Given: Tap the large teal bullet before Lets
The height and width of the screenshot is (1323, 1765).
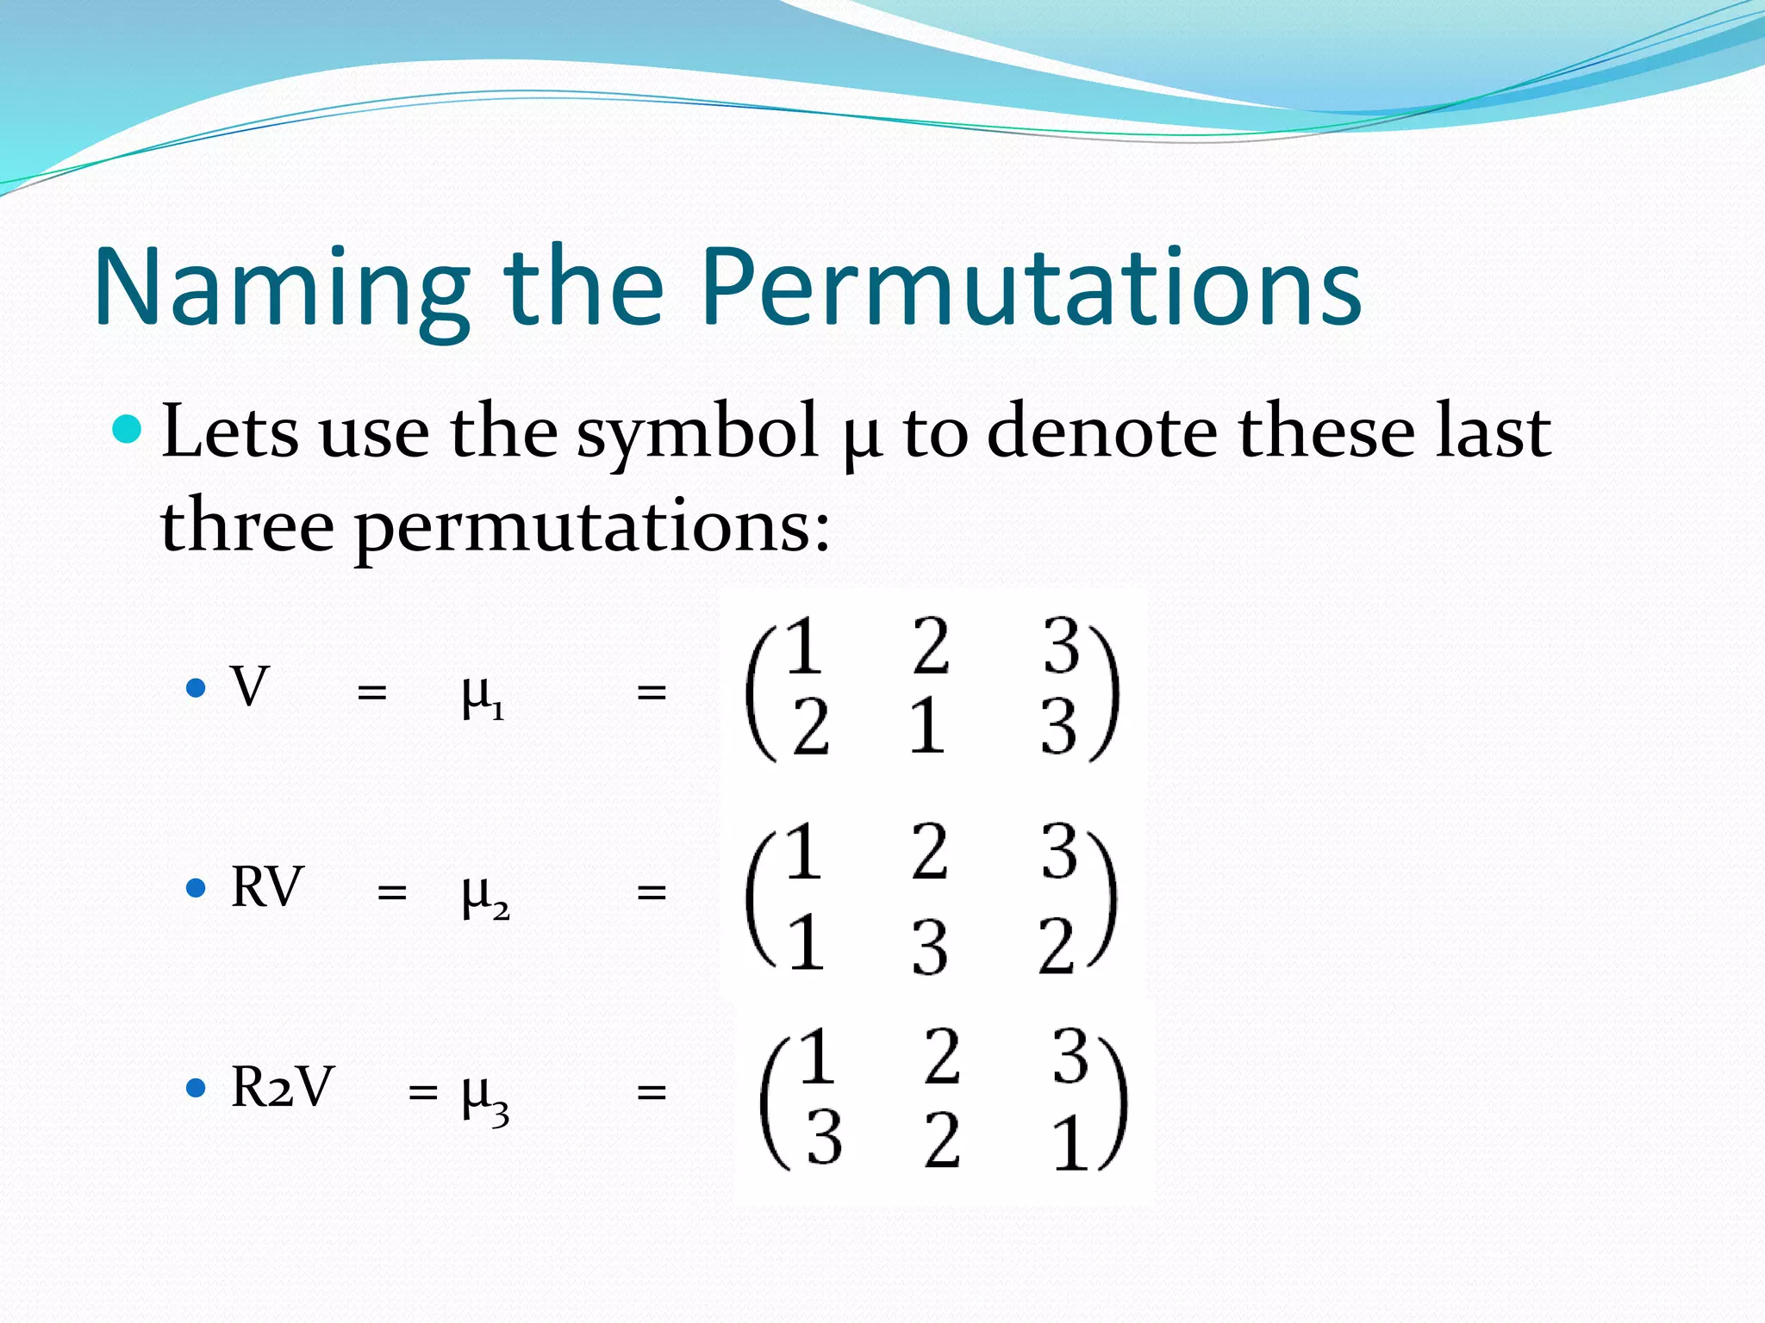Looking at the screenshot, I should [128, 428].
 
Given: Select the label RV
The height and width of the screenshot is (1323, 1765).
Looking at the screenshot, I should [267, 887].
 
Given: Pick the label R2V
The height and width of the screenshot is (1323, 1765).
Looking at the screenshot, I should [282, 1087].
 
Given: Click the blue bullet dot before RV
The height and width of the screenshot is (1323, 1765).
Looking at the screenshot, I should [196, 888].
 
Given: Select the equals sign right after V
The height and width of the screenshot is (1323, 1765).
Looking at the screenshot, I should [371, 692].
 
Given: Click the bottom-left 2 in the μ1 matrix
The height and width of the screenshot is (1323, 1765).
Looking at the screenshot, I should [811, 728].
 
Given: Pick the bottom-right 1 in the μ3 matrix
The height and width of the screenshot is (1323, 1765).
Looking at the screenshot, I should [1070, 1142].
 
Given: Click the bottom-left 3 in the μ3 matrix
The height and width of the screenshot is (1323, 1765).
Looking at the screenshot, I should [823, 1137].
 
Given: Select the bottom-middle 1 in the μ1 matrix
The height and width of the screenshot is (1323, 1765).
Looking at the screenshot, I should [926, 726].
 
